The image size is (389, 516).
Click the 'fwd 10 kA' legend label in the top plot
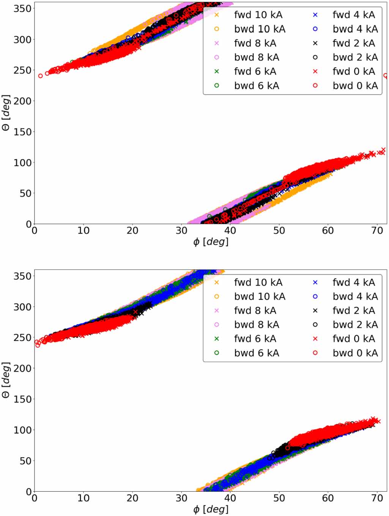click(258, 15)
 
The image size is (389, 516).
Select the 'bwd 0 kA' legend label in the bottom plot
click(355, 353)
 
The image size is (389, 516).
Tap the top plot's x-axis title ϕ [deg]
click(211, 242)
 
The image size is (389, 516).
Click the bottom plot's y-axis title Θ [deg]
click(6, 379)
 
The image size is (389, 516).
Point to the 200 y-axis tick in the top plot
click(23, 101)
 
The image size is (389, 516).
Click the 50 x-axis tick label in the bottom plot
click(279, 498)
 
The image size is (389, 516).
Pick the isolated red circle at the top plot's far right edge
click(386, 76)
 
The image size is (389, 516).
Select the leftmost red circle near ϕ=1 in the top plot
click(41, 76)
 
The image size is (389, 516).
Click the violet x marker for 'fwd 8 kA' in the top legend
click(217, 43)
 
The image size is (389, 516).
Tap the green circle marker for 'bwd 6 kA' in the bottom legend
click(217, 353)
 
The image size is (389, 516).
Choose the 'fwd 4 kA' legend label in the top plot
click(354, 15)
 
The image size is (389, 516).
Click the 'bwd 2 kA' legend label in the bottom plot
click(355, 325)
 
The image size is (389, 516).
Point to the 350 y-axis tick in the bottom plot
click(23, 276)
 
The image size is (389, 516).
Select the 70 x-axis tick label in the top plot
click(377, 230)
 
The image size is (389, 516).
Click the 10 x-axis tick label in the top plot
click(83, 230)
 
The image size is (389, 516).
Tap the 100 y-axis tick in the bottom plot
click(23, 430)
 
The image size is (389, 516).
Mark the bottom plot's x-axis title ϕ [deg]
click(211, 509)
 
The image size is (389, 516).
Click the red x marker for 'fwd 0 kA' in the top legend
click(315, 71)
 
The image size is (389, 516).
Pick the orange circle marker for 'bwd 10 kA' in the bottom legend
click(217, 297)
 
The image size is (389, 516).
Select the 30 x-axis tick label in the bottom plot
click(181, 498)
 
